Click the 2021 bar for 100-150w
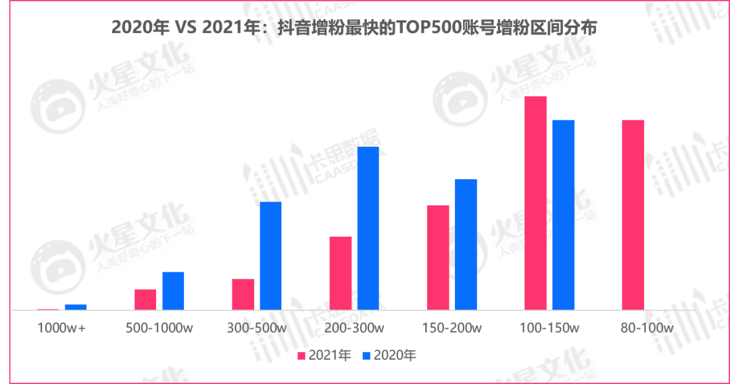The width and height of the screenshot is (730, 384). click(535, 203)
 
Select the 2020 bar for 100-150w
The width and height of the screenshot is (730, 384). click(563, 215)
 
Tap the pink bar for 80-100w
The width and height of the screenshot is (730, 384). click(633, 215)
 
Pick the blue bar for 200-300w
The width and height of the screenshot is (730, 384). click(368, 229)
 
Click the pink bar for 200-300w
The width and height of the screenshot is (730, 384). click(341, 273)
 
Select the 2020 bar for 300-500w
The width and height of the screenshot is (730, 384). click(270, 256)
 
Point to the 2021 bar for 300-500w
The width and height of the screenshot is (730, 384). click(243, 294)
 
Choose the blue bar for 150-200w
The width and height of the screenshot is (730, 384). click(466, 244)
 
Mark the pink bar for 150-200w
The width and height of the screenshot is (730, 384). click(438, 258)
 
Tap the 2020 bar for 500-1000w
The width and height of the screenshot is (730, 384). click(173, 291)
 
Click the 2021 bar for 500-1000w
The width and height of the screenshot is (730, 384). click(145, 299)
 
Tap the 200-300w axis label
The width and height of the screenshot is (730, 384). click(354, 329)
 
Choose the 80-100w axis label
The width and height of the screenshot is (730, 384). click(647, 329)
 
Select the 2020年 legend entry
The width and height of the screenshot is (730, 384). click(389, 355)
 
